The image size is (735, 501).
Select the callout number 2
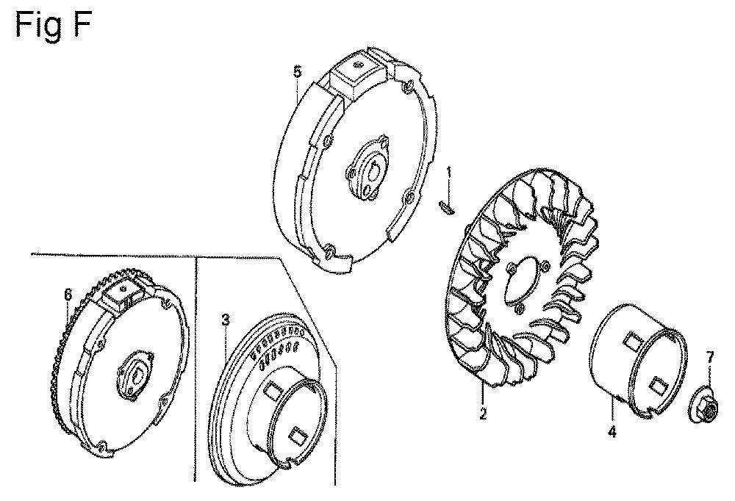point(482,414)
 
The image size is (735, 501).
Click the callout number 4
point(612,432)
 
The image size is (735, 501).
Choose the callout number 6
point(68,294)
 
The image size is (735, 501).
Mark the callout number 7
point(710,357)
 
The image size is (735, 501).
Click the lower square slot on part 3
point(298,434)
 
